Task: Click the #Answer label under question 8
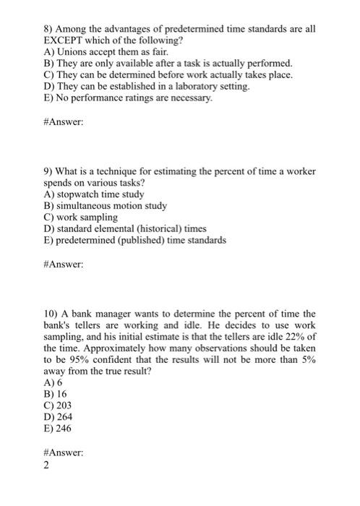click(x=64, y=122)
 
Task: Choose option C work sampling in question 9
click(x=81, y=216)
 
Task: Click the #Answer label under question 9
click(x=64, y=265)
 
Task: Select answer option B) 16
click(x=55, y=395)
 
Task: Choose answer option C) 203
click(x=58, y=406)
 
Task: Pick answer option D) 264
click(x=58, y=417)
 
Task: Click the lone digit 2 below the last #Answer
click(x=46, y=466)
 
